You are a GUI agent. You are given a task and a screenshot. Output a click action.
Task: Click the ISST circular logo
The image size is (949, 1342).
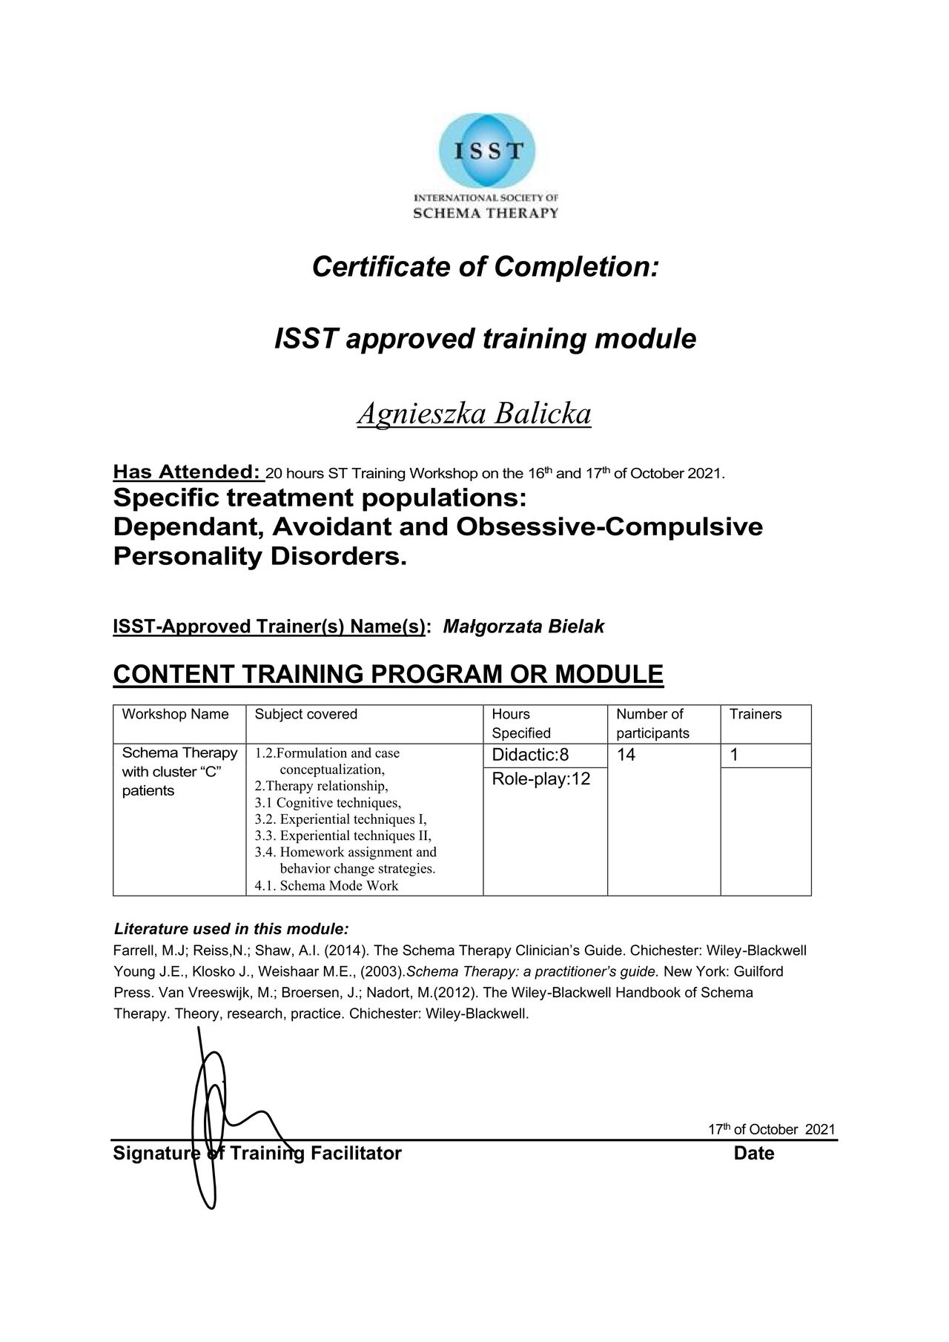point(486,153)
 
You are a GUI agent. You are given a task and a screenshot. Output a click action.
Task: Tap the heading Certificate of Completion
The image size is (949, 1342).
point(485,267)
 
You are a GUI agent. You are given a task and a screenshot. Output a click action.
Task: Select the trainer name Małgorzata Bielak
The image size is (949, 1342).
point(523,627)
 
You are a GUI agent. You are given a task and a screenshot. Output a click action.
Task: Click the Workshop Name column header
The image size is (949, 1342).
point(175,714)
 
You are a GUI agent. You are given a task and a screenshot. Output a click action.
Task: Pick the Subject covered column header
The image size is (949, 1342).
point(305,714)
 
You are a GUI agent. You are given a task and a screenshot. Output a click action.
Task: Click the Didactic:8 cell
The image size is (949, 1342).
point(530,755)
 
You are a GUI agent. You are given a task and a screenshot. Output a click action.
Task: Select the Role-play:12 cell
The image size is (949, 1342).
point(541,779)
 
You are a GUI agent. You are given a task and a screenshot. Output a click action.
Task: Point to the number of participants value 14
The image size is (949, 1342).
point(626,755)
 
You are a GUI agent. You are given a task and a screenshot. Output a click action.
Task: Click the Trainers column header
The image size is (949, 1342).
point(755,714)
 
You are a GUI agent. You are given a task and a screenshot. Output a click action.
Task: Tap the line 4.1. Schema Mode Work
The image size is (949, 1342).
point(326,885)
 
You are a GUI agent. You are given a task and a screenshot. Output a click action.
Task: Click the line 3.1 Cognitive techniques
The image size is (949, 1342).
point(328,803)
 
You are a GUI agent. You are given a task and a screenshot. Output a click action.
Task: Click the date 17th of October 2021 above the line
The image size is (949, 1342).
point(771,1129)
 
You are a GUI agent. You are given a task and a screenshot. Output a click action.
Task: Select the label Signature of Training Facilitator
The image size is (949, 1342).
point(257,1153)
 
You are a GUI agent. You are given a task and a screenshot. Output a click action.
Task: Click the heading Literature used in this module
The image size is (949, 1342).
point(231,929)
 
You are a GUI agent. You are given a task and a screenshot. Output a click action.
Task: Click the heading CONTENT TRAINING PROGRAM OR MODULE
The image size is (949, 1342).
point(388,675)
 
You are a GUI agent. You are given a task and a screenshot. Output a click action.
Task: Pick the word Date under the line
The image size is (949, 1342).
point(754,1153)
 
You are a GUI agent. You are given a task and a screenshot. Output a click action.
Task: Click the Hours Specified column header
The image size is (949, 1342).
point(521,724)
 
